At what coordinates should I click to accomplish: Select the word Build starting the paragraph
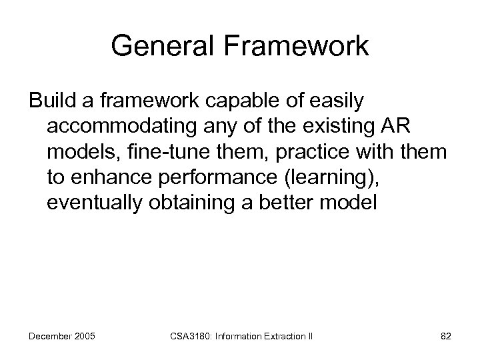(50, 102)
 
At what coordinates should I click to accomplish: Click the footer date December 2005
(62, 337)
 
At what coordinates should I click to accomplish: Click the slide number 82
(445, 337)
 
